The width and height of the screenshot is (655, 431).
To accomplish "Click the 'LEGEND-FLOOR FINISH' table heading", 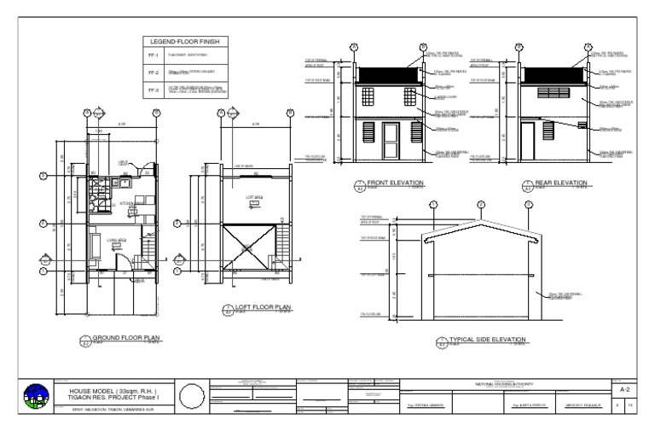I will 186,42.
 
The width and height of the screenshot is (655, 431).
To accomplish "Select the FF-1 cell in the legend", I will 156,57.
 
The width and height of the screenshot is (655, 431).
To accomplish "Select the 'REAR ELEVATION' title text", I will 561,183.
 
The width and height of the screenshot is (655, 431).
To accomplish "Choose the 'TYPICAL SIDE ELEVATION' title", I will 487,340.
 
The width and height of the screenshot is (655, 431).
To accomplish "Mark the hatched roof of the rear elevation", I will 553,75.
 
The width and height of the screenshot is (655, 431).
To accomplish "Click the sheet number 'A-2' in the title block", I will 623,388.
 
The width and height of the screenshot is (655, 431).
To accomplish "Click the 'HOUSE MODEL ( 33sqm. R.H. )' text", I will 113,392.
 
